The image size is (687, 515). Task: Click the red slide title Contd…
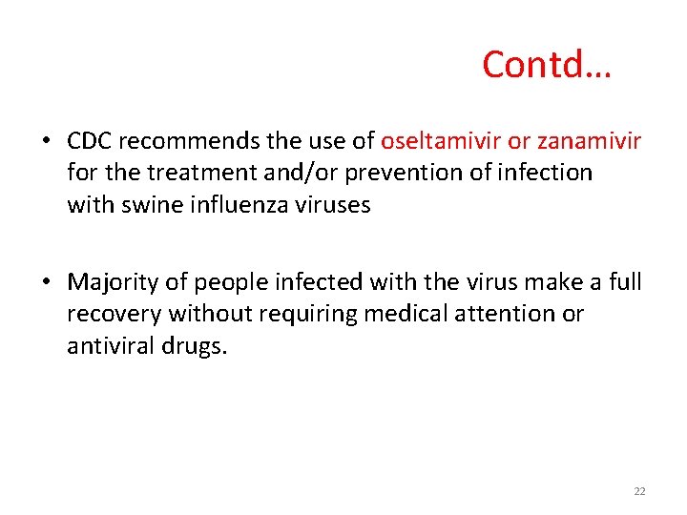[547, 64]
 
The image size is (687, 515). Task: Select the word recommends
[183, 142]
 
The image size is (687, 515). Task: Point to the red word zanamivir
[590, 142]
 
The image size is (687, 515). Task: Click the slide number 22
[639, 491]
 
